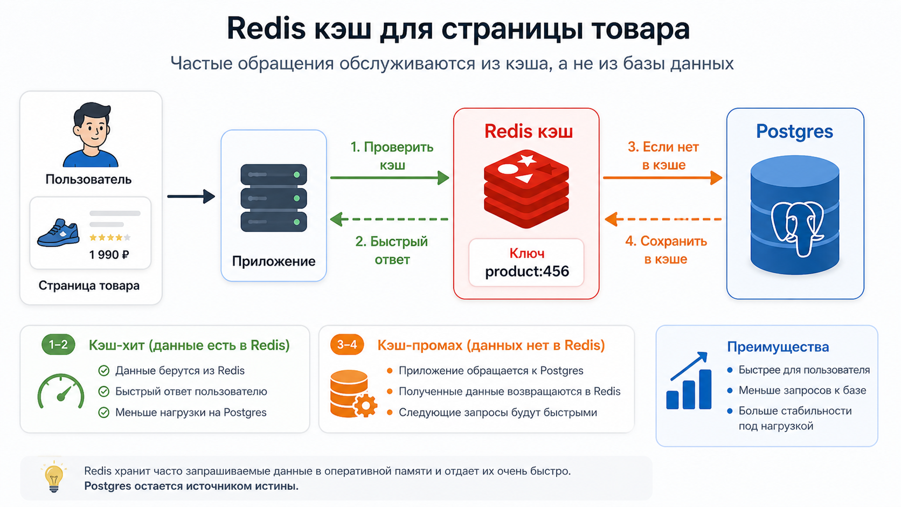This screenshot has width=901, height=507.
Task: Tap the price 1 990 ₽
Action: point(109,255)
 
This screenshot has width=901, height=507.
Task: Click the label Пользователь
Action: point(88,179)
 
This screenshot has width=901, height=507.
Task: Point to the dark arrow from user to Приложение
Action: point(191,197)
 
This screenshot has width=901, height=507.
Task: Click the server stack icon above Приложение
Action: point(274,198)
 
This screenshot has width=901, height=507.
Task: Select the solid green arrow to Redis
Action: point(390,178)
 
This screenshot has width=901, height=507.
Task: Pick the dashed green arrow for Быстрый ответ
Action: point(389,219)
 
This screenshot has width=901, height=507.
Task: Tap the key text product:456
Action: point(527,272)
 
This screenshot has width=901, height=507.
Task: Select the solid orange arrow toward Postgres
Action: point(662,178)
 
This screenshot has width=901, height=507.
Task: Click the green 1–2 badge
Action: point(58,345)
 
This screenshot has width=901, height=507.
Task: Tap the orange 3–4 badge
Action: point(346,345)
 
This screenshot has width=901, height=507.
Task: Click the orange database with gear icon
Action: point(353,394)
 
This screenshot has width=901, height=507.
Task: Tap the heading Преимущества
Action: point(778,347)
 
